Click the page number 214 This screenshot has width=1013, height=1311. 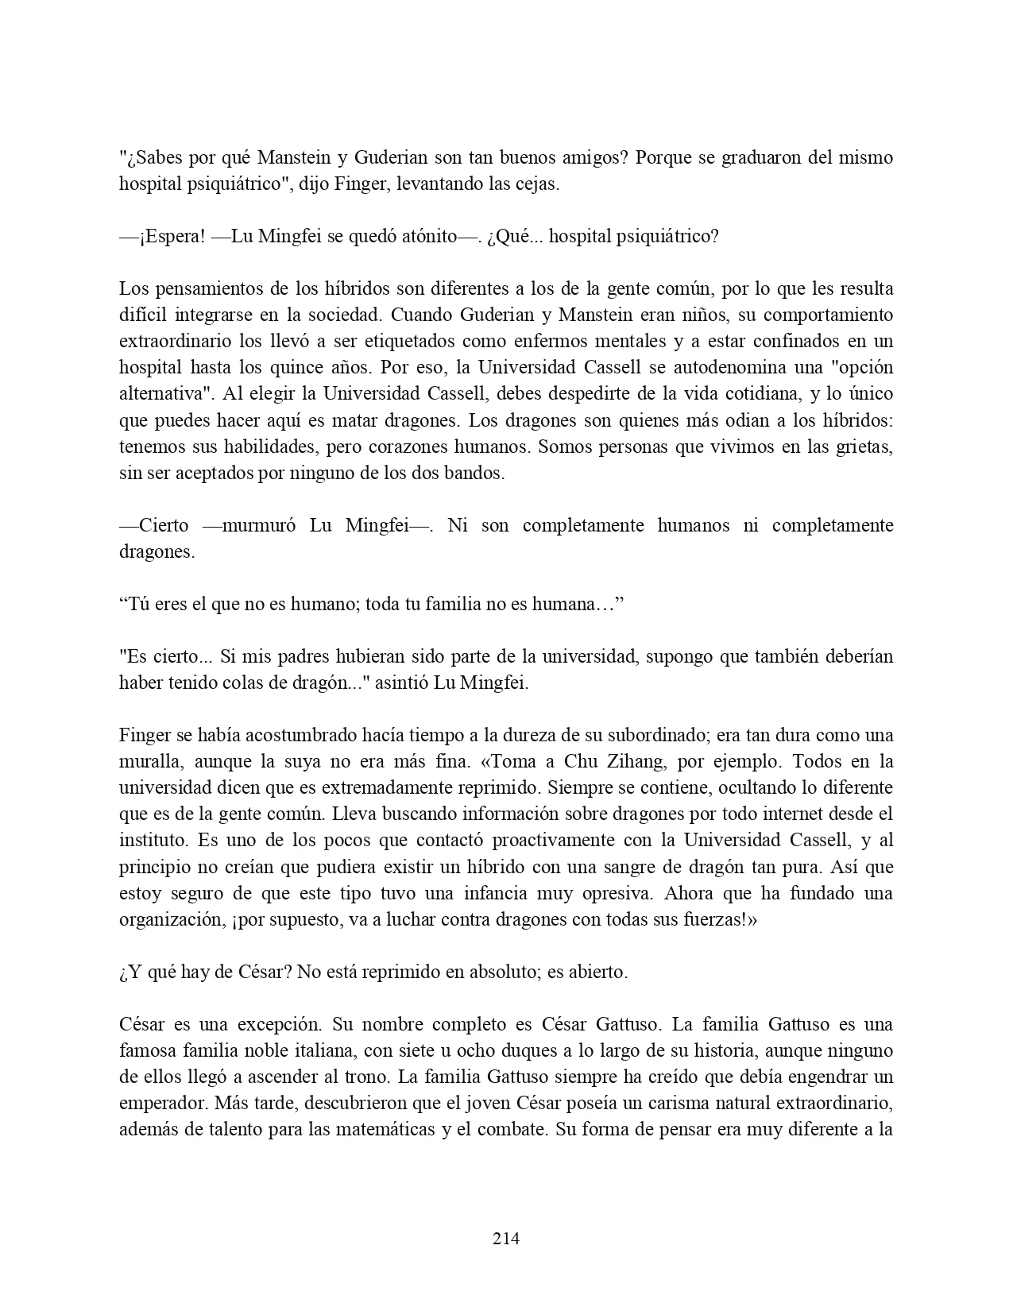(506, 1238)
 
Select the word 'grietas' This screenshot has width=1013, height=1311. (863, 447)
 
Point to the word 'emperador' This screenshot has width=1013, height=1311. (157, 1103)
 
